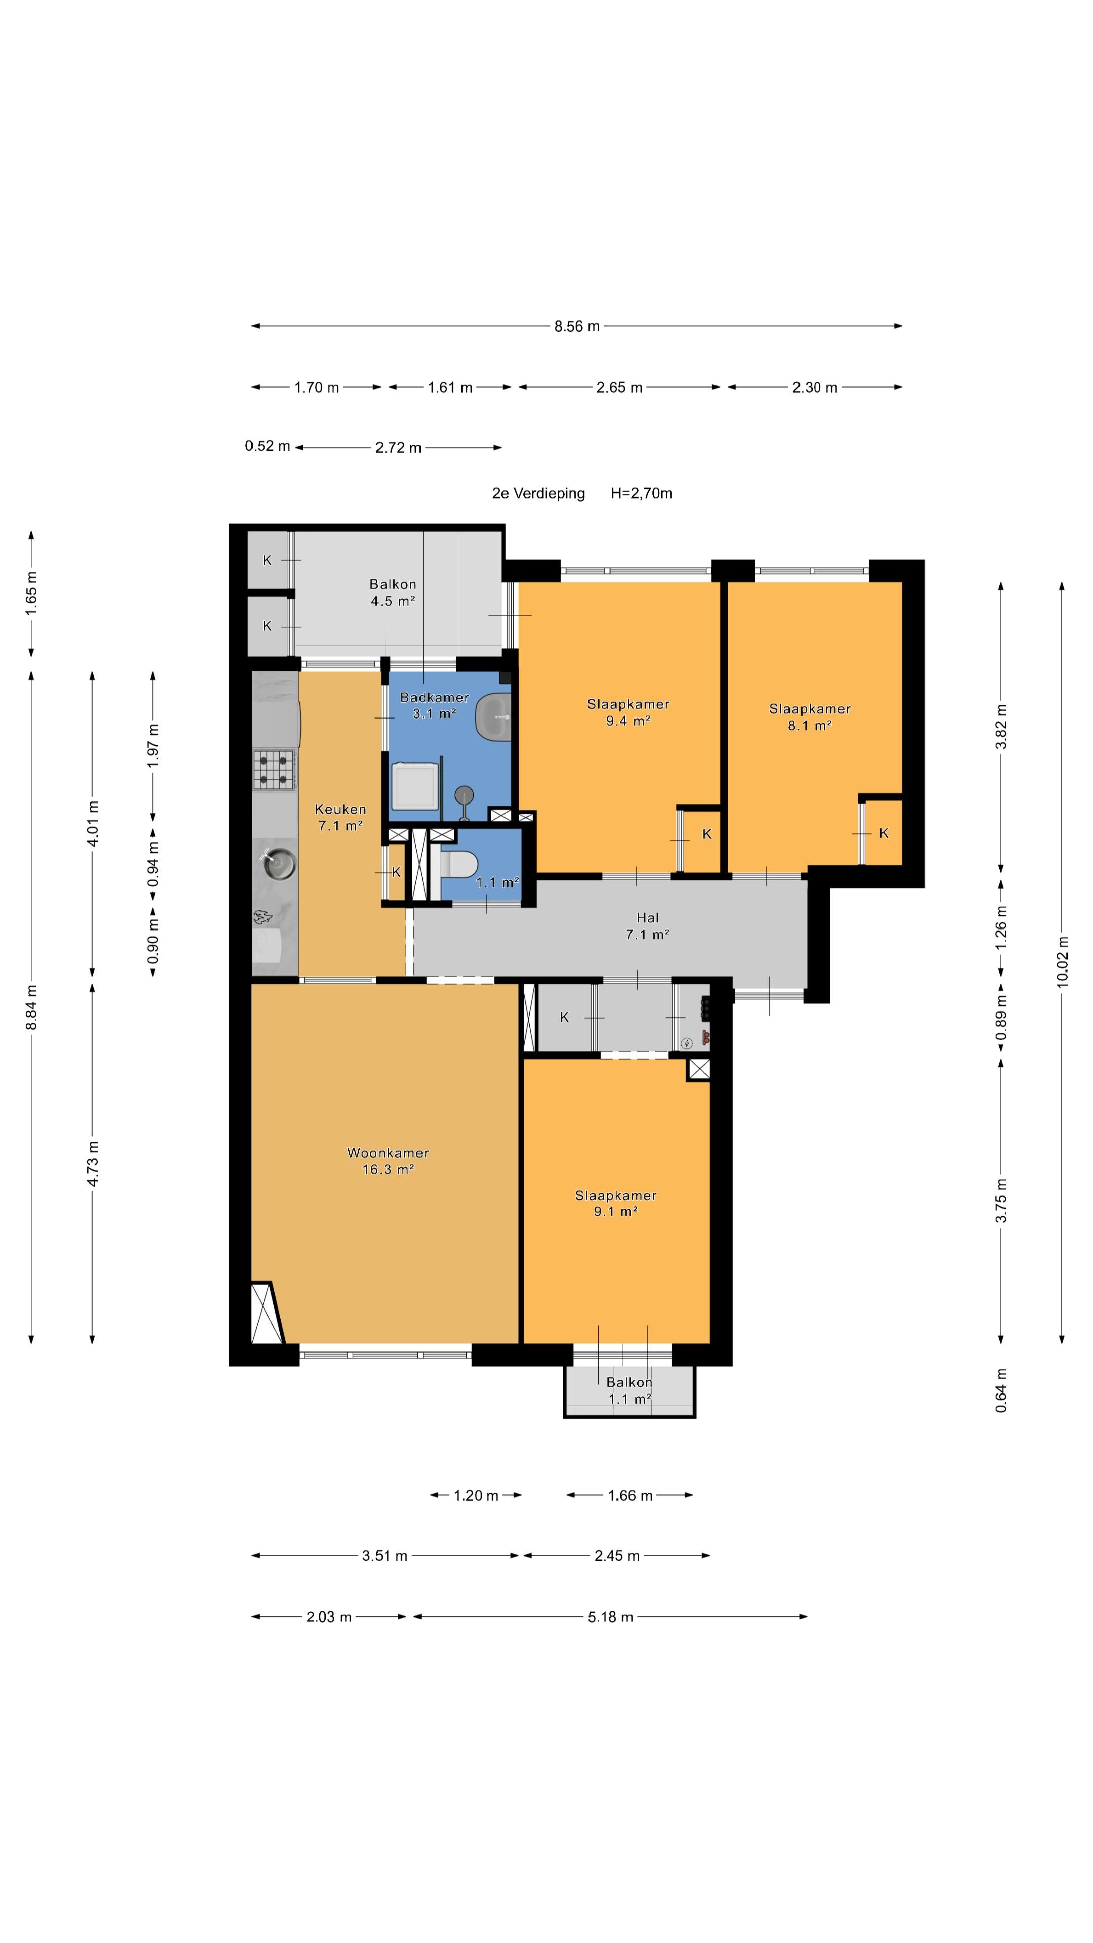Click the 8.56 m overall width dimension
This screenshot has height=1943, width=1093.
point(577,326)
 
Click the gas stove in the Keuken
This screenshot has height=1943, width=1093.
point(273,769)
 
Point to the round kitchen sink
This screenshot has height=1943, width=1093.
point(278,863)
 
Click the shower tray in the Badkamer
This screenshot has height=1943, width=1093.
point(414,786)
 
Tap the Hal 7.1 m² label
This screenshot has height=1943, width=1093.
point(647,925)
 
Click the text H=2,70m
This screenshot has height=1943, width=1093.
point(641,493)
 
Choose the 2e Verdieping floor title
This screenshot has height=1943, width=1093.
point(538,493)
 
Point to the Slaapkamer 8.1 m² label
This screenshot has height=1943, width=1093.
point(810,716)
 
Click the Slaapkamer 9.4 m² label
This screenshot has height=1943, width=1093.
point(627,712)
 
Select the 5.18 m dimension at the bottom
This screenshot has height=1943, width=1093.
point(610,1617)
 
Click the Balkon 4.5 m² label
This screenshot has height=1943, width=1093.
point(392,592)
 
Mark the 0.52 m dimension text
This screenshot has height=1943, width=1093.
point(268,446)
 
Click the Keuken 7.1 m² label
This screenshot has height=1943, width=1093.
point(340,817)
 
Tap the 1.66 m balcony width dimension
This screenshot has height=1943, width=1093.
point(630,1495)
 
